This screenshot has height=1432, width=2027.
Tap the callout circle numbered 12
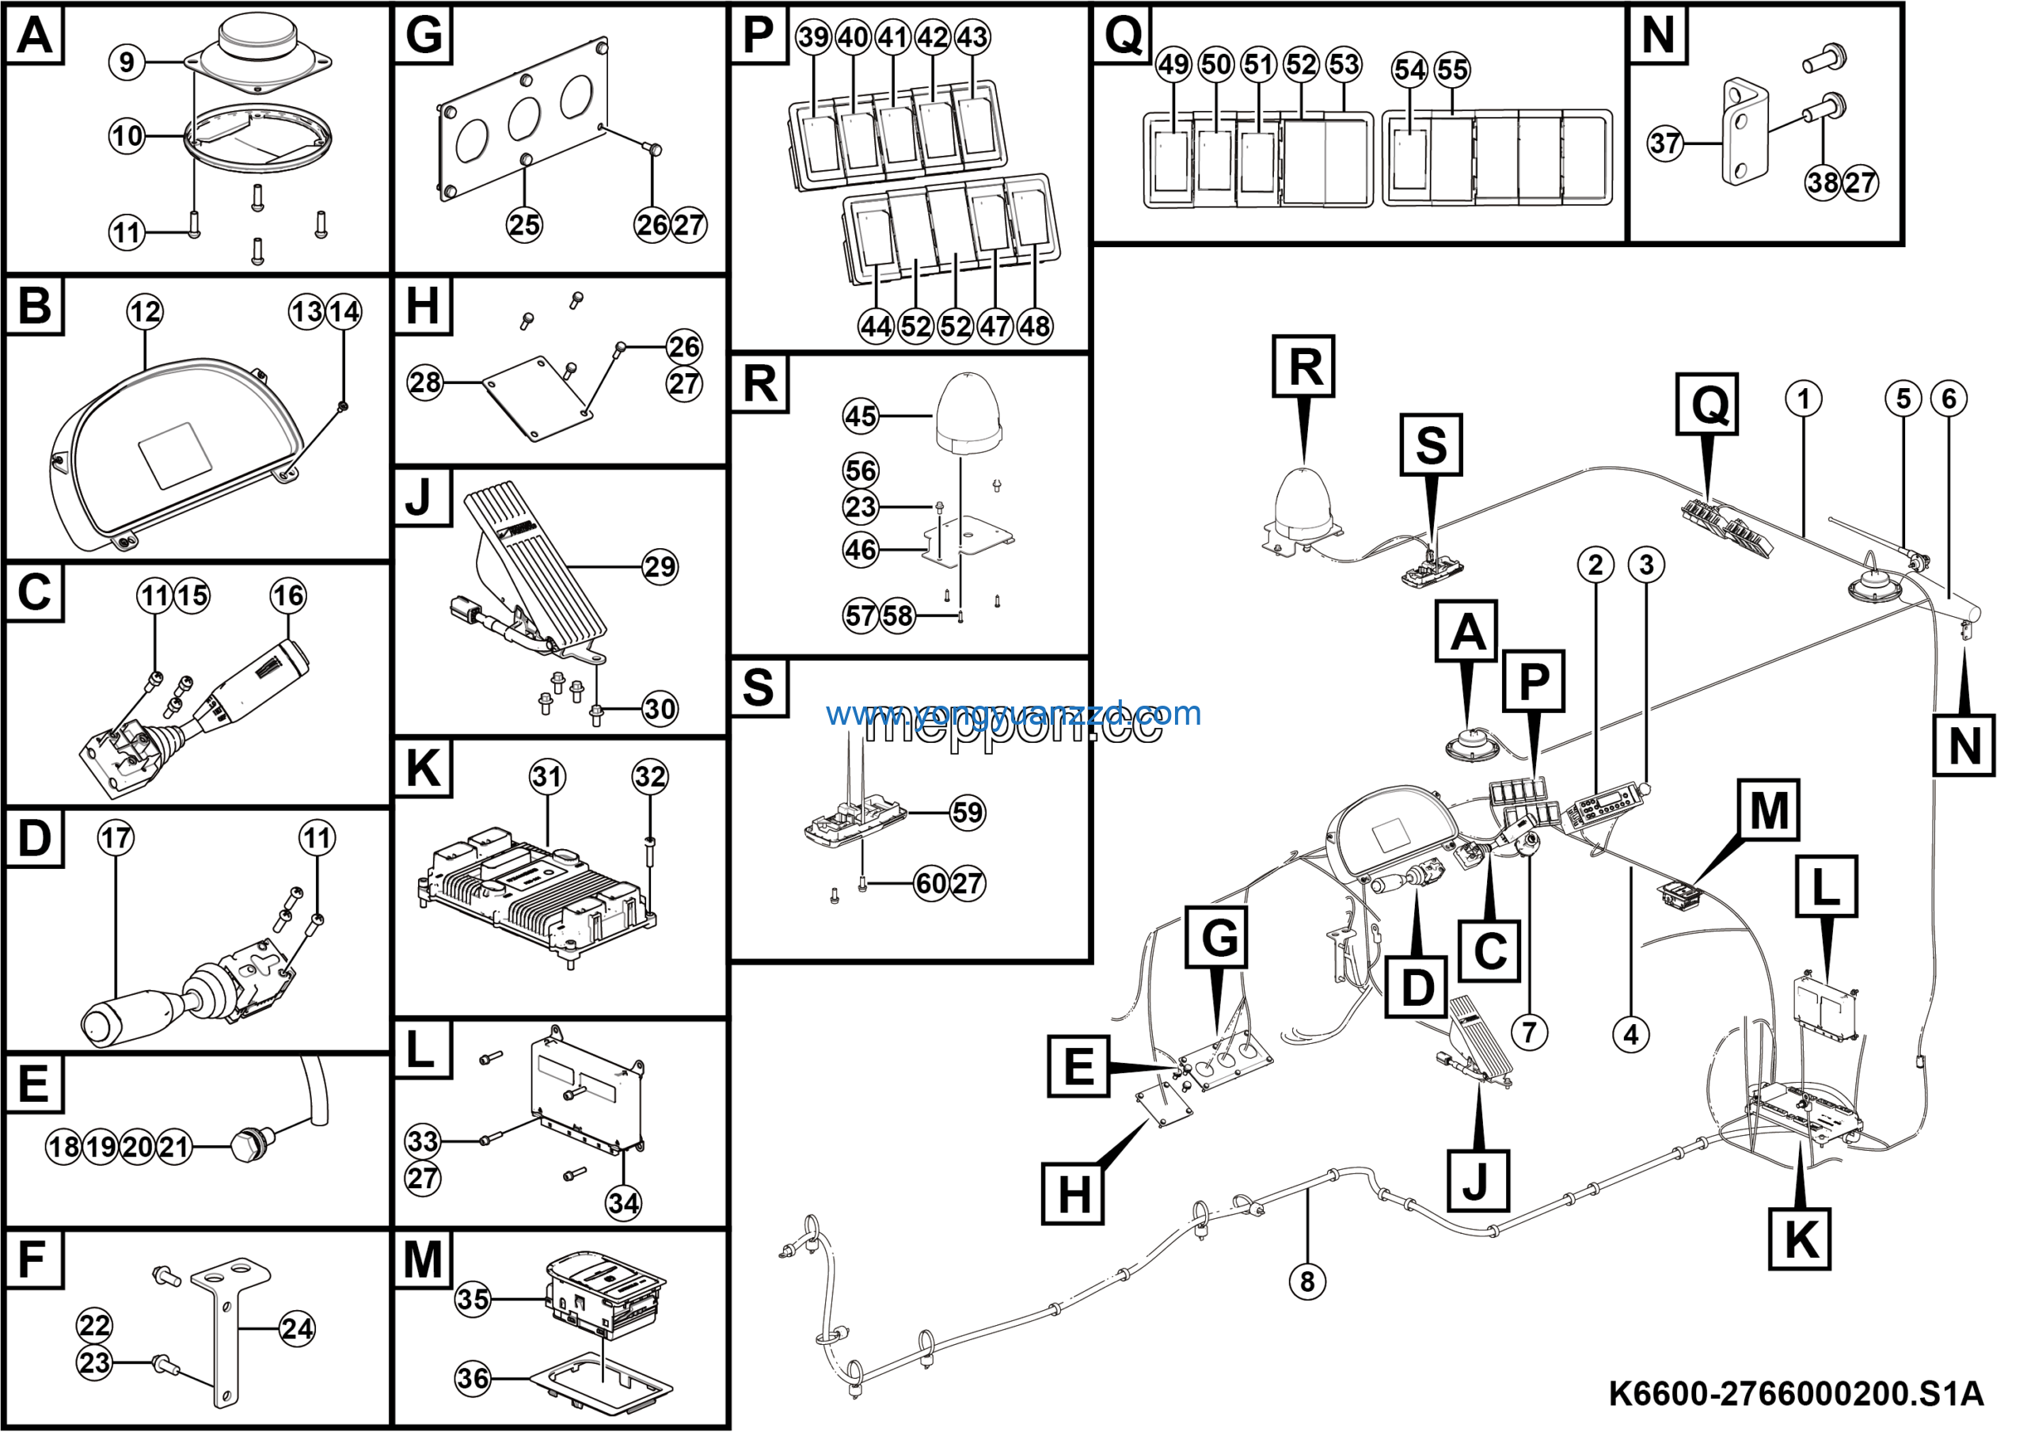tap(145, 311)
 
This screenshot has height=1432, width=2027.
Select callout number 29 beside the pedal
tap(660, 566)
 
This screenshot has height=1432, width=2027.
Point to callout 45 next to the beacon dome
tap(861, 416)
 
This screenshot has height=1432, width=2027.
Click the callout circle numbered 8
tap(1307, 1281)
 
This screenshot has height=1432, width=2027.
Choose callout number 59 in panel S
tap(967, 812)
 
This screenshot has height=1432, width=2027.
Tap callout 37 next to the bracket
tap(1665, 143)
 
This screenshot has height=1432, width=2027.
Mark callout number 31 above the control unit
tap(547, 777)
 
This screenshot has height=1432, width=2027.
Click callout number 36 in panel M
tap(473, 1378)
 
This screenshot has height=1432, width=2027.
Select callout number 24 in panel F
tap(297, 1329)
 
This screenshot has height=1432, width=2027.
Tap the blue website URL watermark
tap(1013, 713)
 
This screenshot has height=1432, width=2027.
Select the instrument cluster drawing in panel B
tap(172, 450)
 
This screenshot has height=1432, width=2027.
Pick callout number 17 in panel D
tap(116, 837)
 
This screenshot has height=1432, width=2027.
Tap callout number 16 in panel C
tap(287, 595)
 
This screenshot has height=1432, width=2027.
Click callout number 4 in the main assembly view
tap(1630, 1034)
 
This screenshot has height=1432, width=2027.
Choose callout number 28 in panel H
tap(424, 383)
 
